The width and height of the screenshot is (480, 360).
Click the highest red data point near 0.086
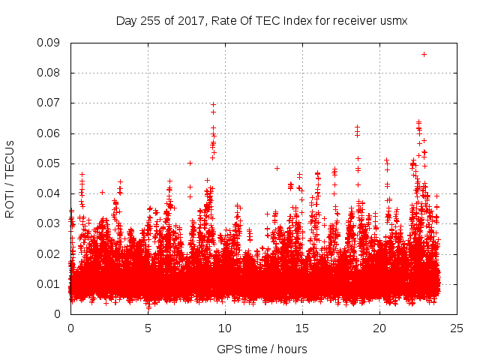click(x=424, y=54)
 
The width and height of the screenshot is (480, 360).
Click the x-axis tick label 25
click(x=457, y=328)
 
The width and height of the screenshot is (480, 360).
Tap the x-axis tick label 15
click(x=302, y=328)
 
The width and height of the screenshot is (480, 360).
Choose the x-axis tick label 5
click(x=148, y=328)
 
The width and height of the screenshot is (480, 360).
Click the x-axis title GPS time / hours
click(x=262, y=349)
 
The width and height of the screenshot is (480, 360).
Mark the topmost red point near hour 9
click(x=213, y=104)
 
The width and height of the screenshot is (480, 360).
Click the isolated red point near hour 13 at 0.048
click(x=277, y=168)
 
